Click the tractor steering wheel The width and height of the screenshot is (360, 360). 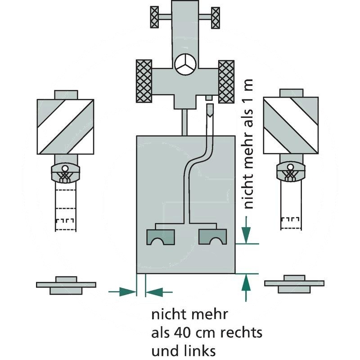(x=185, y=65)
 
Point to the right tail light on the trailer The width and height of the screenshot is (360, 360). (x=213, y=237)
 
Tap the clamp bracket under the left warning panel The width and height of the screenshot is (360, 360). (x=66, y=173)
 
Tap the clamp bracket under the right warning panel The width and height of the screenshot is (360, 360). (x=291, y=173)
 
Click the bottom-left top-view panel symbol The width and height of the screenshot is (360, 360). (x=66, y=285)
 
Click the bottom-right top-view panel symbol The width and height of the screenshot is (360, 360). (x=294, y=283)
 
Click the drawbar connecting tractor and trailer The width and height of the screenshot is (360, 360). (x=185, y=121)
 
